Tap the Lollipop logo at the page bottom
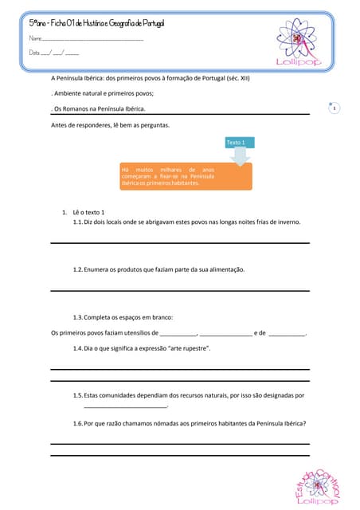pyautogui.click(x=317, y=486)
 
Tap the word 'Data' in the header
pyautogui.click(x=34, y=53)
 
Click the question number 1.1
pyautogui.click(x=77, y=222)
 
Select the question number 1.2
pyautogui.click(x=77, y=270)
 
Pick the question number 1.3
pyautogui.click(x=77, y=317)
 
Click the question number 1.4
pyautogui.click(x=77, y=348)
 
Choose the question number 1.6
pyautogui.click(x=77, y=424)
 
